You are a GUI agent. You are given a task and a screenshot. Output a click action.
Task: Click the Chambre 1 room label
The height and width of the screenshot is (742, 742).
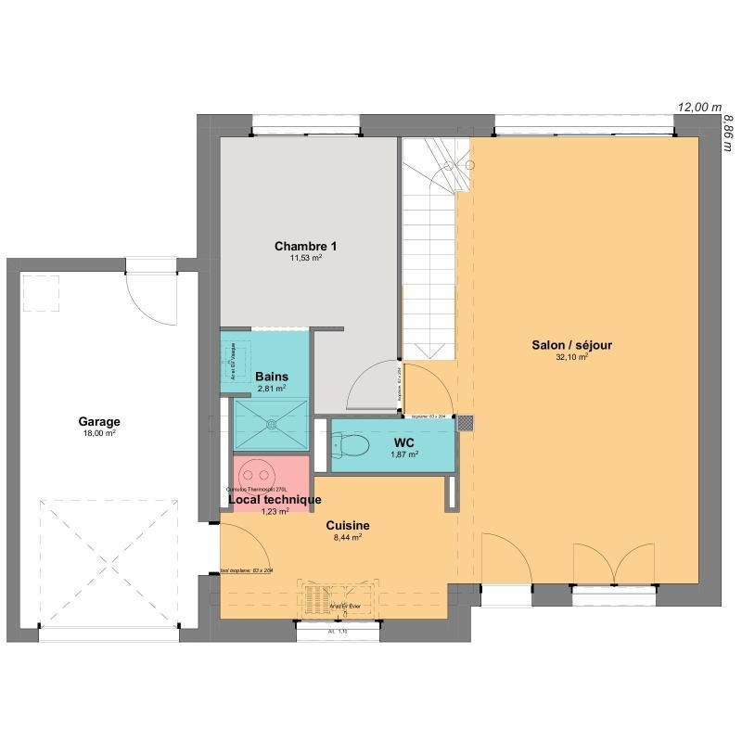(x=305, y=246)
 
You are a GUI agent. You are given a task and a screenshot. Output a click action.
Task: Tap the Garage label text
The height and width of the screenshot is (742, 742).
(x=99, y=421)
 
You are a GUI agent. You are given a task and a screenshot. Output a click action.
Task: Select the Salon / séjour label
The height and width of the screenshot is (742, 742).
(x=571, y=345)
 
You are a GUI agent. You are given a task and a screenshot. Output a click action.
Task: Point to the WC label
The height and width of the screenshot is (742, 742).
(x=403, y=443)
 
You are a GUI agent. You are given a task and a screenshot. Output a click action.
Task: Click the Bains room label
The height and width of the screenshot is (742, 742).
(x=271, y=377)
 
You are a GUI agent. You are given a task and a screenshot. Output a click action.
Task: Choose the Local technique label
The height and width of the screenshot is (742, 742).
(x=275, y=500)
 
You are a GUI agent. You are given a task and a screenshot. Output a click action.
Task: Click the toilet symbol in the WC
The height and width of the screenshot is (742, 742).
(x=346, y=446)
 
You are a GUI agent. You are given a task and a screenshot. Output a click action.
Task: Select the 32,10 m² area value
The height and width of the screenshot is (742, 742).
(x=571, y=357)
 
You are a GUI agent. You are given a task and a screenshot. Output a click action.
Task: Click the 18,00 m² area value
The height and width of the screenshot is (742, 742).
(x=99, y=433)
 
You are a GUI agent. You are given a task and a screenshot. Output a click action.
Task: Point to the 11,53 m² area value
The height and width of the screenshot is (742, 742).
(x=305, y=258)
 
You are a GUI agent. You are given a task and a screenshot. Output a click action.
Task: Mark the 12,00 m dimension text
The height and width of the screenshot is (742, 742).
(x=699, y=108)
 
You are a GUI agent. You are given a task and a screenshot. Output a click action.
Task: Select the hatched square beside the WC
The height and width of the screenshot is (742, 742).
(x=467, y=423)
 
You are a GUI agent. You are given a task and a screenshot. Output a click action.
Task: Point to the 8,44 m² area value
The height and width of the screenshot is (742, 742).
(x=347, y=536)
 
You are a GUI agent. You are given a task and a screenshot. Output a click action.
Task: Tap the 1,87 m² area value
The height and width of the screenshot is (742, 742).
(x=403, y=455)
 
